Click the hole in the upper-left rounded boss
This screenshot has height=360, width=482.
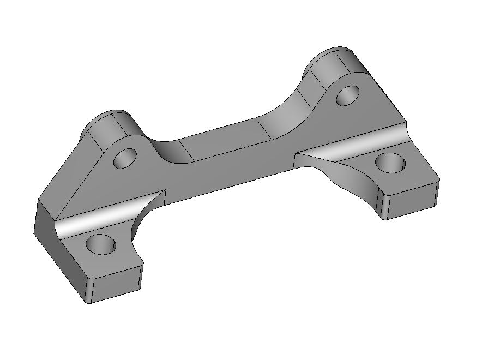click(x=125, y=159)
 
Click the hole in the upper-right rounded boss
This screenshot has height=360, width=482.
click(x=348, y=95)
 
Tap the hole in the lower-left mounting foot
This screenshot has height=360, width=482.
click(x=101, y=245)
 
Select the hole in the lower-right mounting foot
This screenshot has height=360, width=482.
click(x=390, y=163)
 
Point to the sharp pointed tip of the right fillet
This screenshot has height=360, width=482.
click(x=296, y=154)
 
